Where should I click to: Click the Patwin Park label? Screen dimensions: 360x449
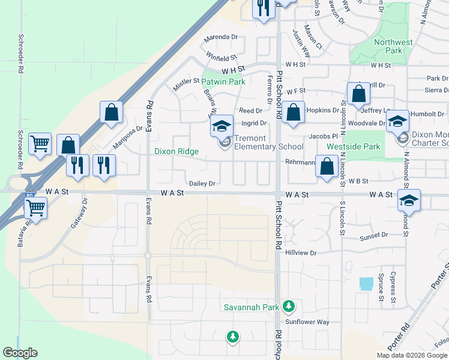click(x=223, y=82)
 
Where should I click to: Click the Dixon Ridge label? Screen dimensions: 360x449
click(x=176, y=152)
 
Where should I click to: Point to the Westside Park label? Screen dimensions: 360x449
click(x=353, y=146)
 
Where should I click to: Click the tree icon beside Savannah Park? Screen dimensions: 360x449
click(x=289, y=306)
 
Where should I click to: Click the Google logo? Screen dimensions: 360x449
click(x=20, y=353)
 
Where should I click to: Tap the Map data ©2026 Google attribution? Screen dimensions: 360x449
click(x=412, y=355)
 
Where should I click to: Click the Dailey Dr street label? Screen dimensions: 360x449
click(x=202, y=184)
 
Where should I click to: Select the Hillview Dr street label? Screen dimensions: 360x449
click(x=301, y=253)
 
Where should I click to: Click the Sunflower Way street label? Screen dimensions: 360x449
click(x=307, y=322)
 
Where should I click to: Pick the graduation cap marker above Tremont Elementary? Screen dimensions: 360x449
click(x=221, y=126)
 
